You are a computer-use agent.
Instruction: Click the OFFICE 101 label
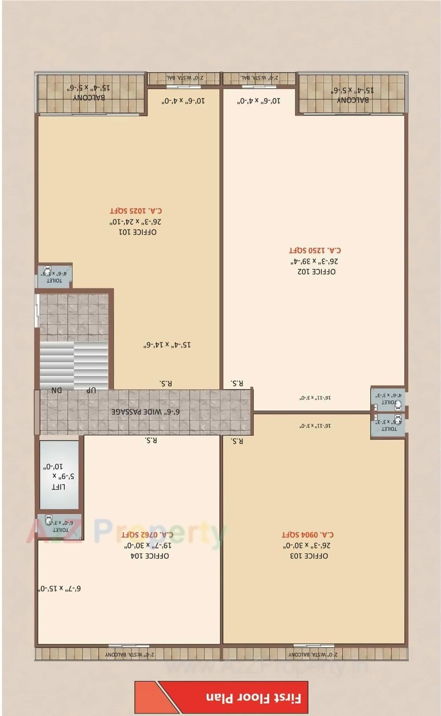[x=137, y=232]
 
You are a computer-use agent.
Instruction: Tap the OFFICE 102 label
[x=317, y=272]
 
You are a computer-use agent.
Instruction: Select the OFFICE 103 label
[x=309, y=556]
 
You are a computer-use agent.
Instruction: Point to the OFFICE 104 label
[x=150, y=556]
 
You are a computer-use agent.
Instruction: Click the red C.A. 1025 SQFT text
[x=136, y=211]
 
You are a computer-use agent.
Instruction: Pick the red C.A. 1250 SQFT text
[x=315, y=251]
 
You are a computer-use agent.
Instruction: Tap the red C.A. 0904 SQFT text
[x=308, y=535]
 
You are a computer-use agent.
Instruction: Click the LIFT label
[x=59, y=487]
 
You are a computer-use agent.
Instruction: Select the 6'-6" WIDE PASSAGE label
[x=146, y=412]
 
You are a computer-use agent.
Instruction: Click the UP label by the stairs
[x=91, y=390]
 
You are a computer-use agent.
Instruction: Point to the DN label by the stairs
[x=57, y=390]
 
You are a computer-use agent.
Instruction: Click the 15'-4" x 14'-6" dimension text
[x=167, y=345]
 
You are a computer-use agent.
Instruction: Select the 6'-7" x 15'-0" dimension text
[x=60, y=589]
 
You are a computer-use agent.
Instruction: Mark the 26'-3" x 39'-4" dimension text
[x=314, y=261]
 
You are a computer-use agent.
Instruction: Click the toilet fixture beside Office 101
[x=48, y=269]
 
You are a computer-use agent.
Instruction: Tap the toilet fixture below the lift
[x=49, y=519]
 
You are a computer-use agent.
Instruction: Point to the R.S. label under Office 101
[x=166, y=383]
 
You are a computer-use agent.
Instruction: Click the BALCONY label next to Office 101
[x=89, y=97]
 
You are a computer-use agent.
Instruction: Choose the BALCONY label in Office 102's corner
[x=352, y=100]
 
